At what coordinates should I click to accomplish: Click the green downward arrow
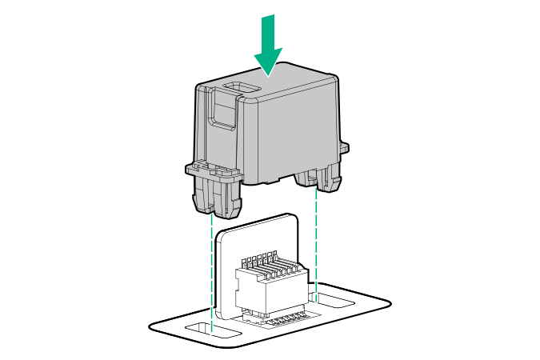267,44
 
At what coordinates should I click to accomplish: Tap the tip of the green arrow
267,74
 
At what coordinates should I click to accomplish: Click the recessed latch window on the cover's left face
222,112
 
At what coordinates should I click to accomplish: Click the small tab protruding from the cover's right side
345,147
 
